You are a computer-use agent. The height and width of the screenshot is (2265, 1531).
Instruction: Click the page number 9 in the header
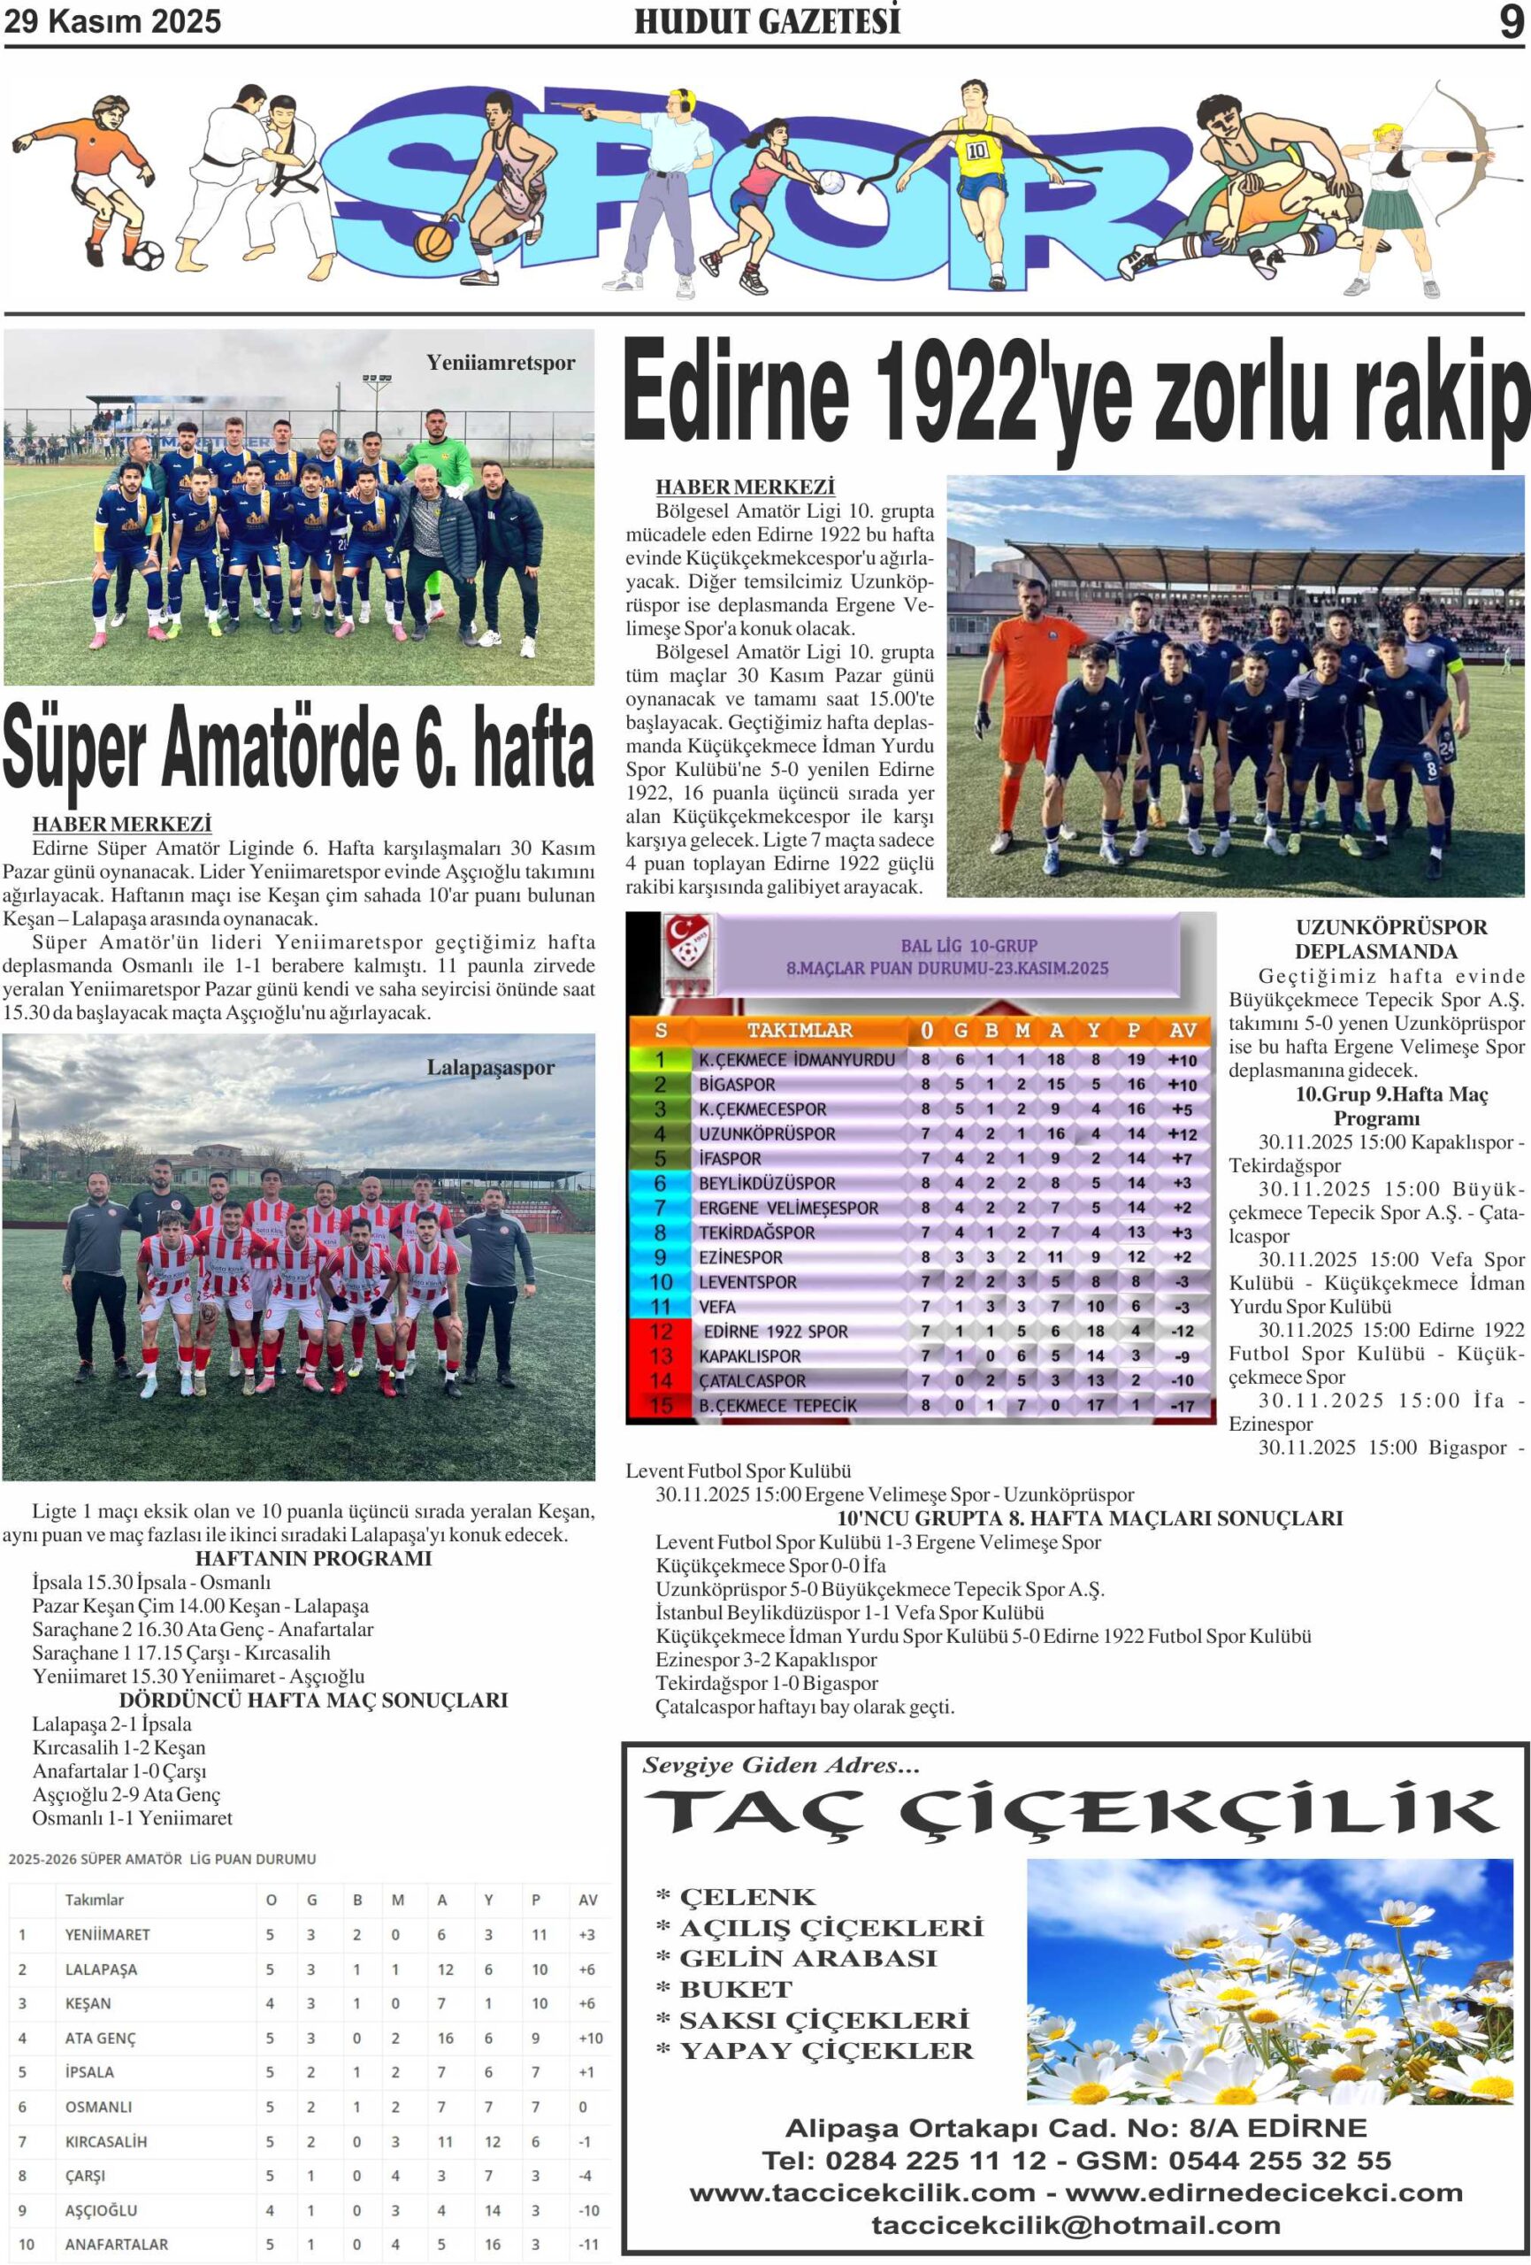[x=1510, y=20]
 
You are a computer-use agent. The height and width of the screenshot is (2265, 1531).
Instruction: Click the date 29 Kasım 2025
[x=112, y=21]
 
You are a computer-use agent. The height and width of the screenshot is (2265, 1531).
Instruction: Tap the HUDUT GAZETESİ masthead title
[x=767, y=21]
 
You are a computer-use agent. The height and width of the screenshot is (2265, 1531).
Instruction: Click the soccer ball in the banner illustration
[x=147, y=257]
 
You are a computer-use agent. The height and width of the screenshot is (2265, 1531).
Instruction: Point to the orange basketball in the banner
[x=433, y=241]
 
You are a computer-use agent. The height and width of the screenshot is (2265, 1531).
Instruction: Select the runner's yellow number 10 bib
[x=976, y=151]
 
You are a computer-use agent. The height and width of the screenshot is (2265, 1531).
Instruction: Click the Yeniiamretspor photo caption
[x=500, y=363]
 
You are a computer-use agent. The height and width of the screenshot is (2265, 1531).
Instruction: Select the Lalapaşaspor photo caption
[x=490, y=1067]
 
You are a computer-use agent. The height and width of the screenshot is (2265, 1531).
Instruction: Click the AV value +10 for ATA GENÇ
[x=590, y=2038]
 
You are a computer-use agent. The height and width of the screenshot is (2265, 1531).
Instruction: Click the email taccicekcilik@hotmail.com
[x=1075, y=2224]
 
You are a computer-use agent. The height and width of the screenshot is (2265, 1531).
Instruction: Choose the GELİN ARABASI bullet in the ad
[x=807, y=1958]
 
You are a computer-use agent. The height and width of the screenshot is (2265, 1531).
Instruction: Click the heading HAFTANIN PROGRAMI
[x=313, y=1558]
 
